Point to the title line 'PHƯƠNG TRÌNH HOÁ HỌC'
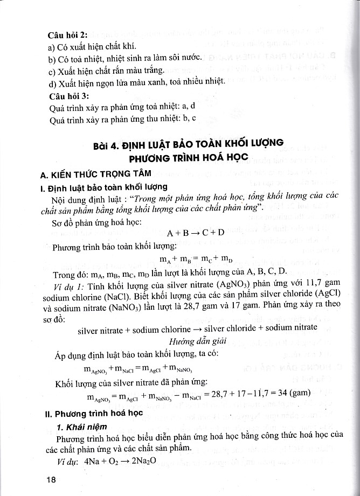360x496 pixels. tap(186, 159)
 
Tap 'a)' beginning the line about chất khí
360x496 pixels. tap(52, 46)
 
